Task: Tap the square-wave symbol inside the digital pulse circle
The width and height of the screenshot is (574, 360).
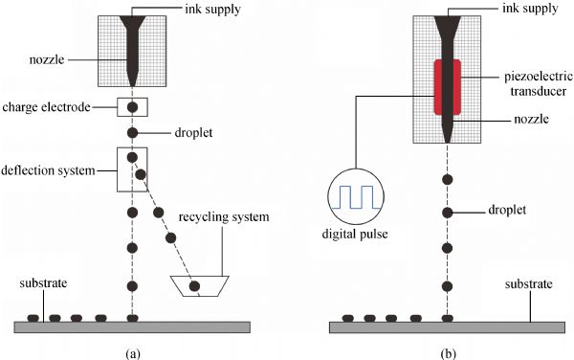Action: tap(356, 197)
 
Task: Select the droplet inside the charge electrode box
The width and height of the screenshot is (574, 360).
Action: tap(132, 107)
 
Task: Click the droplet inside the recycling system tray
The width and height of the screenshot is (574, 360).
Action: tap(194, 285)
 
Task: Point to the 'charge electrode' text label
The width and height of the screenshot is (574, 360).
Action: tap(47, 107)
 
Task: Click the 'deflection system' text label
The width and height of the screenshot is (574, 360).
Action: tap(48, 170)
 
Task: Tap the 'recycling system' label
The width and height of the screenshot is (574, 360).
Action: tap(224, 216)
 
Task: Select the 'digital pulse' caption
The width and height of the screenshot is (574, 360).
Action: tap(355, 234)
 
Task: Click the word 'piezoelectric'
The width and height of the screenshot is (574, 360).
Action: tap(539, 77)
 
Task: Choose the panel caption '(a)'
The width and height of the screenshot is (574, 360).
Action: tap(133, 353)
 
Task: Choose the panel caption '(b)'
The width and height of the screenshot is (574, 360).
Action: tap(449, 353)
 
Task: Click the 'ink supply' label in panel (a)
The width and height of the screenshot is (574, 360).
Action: tap(212, 10)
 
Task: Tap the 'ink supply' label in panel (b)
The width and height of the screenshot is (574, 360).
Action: tap(530, 9)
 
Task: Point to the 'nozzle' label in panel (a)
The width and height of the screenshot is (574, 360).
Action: tap(47, 59)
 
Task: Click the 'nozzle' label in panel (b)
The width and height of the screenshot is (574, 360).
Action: tap(532, 119)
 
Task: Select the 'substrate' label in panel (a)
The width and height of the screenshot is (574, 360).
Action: tap(44, 283)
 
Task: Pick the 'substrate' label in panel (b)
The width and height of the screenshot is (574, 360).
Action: tap(529, 284)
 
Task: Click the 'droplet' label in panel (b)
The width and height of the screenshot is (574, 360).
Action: tap(507, 210)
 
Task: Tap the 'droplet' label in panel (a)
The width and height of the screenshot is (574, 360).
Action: tap(193, 132)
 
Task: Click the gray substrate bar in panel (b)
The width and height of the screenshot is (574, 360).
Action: tap(447, 327)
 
